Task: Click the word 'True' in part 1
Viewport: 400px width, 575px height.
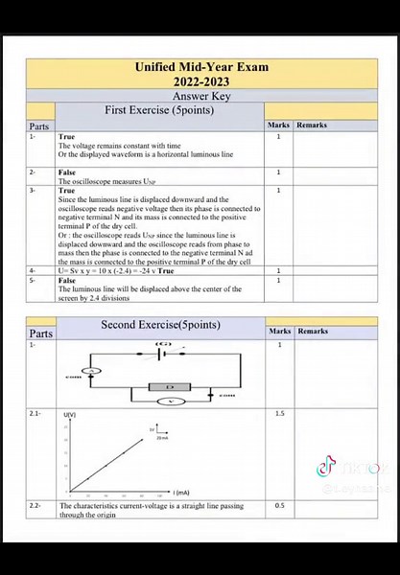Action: [67, 137]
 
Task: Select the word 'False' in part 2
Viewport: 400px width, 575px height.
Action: [68, 172]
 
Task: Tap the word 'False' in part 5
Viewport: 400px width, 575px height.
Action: [68, 280]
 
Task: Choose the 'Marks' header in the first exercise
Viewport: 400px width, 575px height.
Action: [279, 126]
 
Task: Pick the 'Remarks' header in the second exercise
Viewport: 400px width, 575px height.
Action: [312, 332]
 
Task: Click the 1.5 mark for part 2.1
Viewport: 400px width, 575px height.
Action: [279, 413]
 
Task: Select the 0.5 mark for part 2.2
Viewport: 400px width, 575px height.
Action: [279, 505]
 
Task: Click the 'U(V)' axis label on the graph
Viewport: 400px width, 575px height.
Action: [69, 414]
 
